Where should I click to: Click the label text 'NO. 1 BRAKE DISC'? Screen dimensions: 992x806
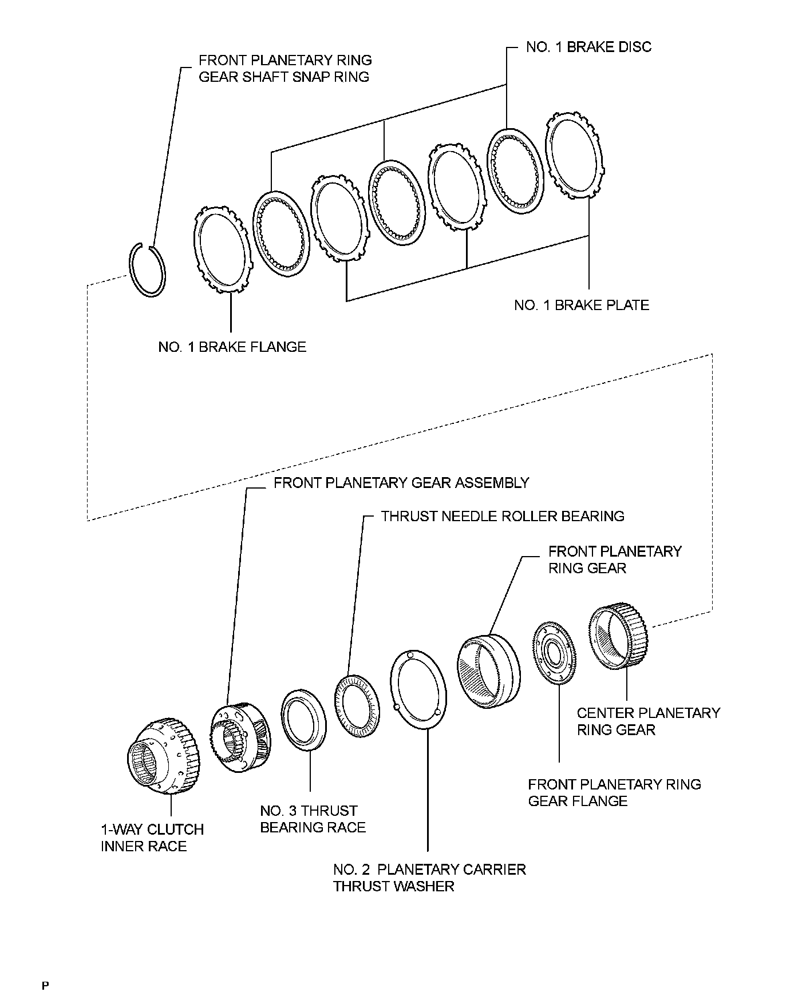pos(588,47)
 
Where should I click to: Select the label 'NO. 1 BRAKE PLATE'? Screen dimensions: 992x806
pos(582,305)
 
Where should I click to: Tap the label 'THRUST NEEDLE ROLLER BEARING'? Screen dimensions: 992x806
pos(503,516)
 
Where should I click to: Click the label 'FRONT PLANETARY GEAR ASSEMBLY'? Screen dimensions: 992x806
pos(401,483)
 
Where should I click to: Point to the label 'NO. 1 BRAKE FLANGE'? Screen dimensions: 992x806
pos(232,347)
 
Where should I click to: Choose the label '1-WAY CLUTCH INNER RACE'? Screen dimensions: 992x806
pos(152,838)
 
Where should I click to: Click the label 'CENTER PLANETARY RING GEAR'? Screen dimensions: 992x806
pos(648,721)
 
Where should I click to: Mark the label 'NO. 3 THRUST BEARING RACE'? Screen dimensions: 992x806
pos(313,819)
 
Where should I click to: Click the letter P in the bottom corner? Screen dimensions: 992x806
pos(46,985)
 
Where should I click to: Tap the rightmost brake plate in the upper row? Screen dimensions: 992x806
pos(574,148)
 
